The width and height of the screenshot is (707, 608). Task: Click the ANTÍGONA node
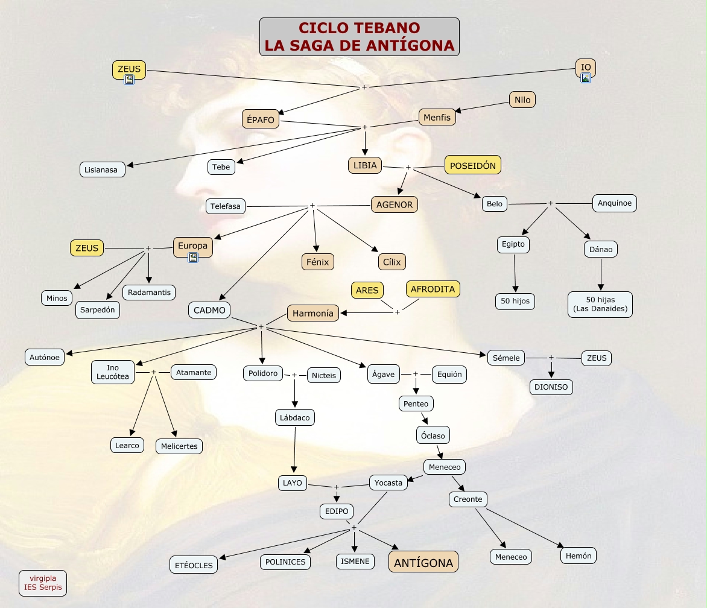423,563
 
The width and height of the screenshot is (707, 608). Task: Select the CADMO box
209,311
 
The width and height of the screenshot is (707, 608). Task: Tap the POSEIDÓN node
473,165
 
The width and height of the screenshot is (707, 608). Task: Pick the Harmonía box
313,313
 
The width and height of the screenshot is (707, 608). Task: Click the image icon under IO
586,78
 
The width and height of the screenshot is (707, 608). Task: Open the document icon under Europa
193,258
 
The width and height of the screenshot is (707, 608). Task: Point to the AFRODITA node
433,289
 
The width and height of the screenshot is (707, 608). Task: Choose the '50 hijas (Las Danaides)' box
600,305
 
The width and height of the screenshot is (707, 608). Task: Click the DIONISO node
551,387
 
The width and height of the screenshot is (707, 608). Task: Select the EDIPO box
337,511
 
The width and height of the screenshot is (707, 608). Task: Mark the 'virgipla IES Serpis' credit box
43,583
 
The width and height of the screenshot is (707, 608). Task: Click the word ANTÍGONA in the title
411,45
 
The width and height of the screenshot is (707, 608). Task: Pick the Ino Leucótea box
113,372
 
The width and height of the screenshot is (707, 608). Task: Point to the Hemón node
579,556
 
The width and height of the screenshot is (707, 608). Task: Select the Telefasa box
226,206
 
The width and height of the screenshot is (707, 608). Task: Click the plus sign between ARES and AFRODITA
397,312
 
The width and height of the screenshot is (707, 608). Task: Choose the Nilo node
522,100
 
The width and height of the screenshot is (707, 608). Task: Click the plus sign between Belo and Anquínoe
550,203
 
